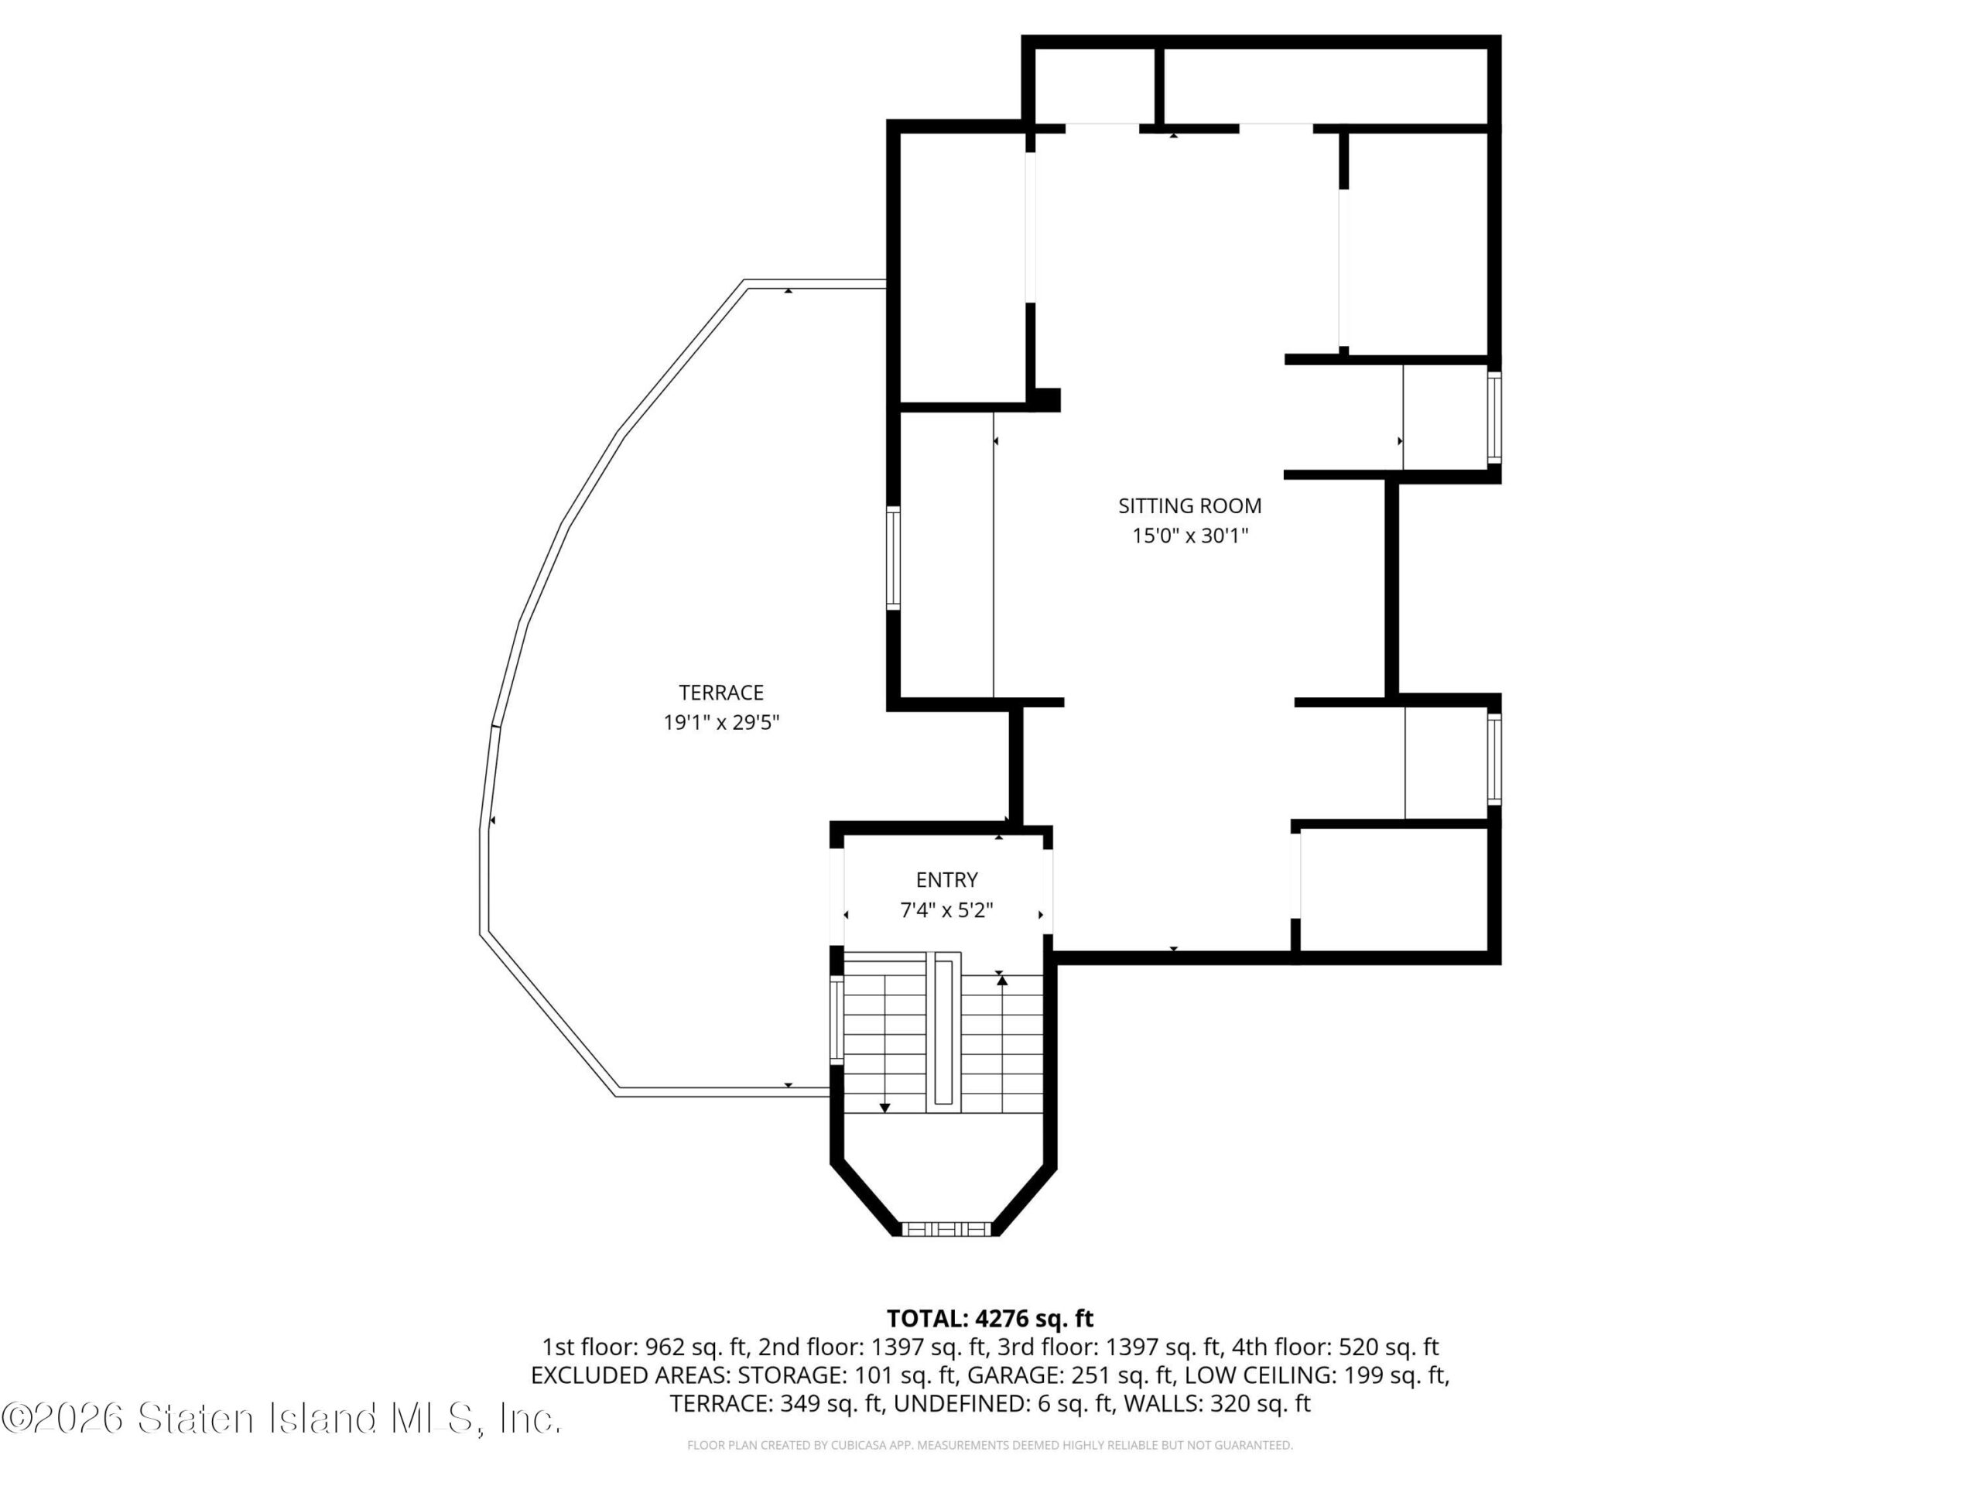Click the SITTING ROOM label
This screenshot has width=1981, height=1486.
pyautogui.click(x=1189, y=506)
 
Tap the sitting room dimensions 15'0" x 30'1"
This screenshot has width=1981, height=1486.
pyautogui.click(x=1190, y=536)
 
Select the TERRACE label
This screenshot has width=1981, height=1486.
pyautogui.click(x=721, y=693)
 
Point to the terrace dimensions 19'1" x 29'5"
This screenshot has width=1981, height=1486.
pyautogui.click(x=721, y=723)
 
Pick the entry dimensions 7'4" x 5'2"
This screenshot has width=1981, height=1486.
pyautogui.click(x=946, y=911)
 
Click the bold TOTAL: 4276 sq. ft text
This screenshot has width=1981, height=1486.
pyautogui.click(x=990, y=1319)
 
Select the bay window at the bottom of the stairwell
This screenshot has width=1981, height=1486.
pyautogui.click(x=946, y=1229)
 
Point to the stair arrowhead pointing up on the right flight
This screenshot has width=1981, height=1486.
pyautogui.click(x=1002, y=981)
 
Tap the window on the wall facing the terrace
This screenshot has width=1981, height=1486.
pyautogui.click(x=893, y=558)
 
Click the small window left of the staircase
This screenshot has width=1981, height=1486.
pyautogui.click(x=837, y=1020)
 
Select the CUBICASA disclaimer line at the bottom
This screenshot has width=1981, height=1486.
pyautogui.click(x=990, y=1445)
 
